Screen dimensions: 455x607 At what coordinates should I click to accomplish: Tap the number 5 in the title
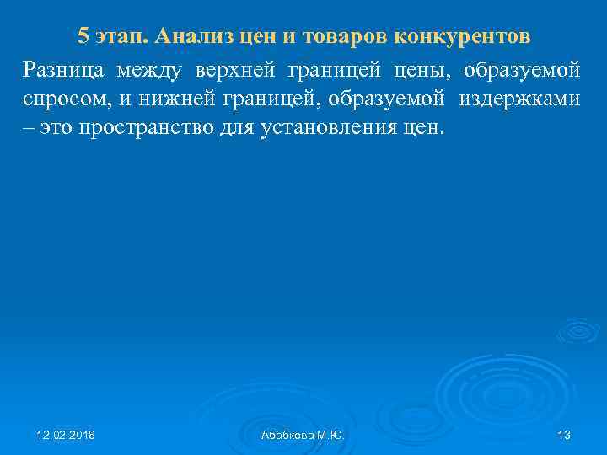tap(83, 36)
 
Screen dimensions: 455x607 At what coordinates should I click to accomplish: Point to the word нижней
tap(174, 98)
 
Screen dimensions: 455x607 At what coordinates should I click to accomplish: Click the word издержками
tap(519, 99)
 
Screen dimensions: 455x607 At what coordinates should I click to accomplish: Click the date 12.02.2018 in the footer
tap(66, 435)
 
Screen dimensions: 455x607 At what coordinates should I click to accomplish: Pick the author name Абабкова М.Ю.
tap(303, 435)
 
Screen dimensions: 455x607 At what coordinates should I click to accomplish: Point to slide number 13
tap(564, 435)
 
